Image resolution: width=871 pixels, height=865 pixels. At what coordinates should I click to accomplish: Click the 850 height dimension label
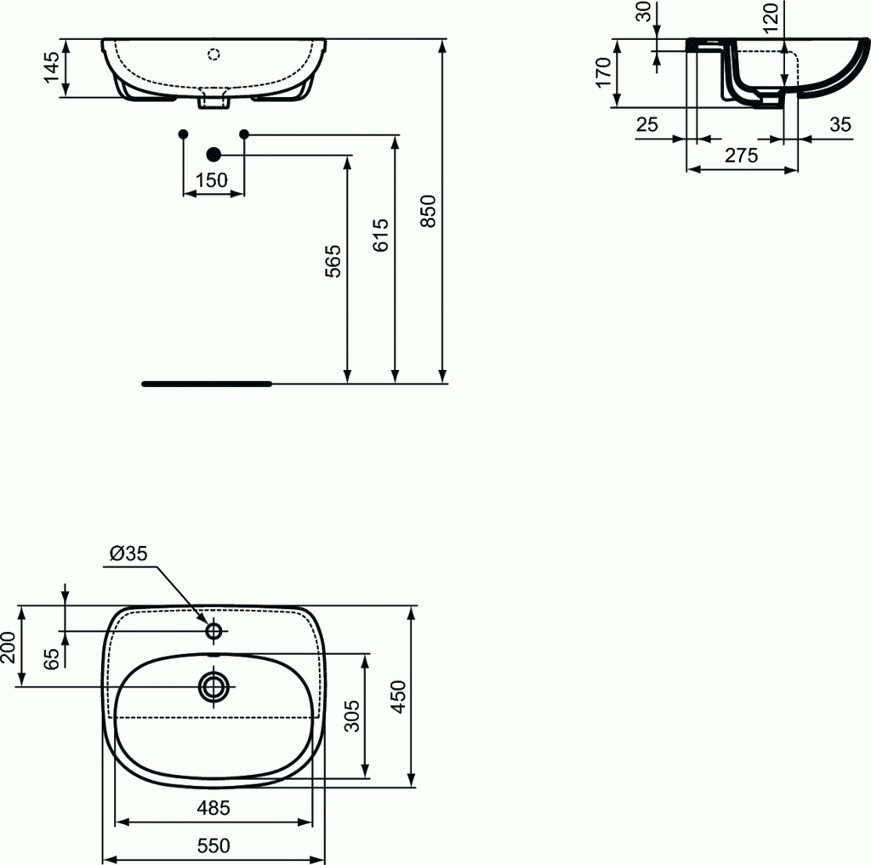pyautogui.click(x=430, y=211)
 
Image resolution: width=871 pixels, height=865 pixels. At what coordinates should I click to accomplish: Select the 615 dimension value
pyautogui.click(x=381, y=235)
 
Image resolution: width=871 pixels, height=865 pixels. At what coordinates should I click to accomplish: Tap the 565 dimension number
pyautogui.click(x=333, y=261)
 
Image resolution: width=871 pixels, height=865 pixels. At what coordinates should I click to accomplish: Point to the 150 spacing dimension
pyautogui.click(x=212, y=180)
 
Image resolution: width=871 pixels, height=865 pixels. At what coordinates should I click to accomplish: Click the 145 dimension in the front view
pyautogui.click(x=51, y=67)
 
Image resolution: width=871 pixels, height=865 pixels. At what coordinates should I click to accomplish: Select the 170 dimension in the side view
pyautogui.click(x=603, y=73)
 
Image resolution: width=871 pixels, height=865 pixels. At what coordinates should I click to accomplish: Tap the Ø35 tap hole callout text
pyautogui.click(x=128, y=554)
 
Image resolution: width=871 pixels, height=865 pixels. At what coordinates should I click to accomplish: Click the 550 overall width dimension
pyautogui.click(x=213, y=845)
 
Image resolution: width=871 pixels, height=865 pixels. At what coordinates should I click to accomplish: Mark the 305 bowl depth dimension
pyautogui.click(x=354, y=715)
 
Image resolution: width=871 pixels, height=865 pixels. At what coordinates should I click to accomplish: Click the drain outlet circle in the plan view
pyautogui.click(x=213, y=686)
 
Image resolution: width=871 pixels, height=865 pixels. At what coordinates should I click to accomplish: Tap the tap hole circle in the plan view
pyautogui.click(x=213, y=631)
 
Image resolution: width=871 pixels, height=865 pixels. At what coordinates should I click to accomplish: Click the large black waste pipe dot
pyautogui.click(x=213, y=154)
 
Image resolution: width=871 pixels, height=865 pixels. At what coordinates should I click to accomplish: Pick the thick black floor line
pyautogui.click(x=207, y=384)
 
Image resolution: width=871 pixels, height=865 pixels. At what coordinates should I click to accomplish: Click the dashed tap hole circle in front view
pyautogui.click(x=213, y=55)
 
